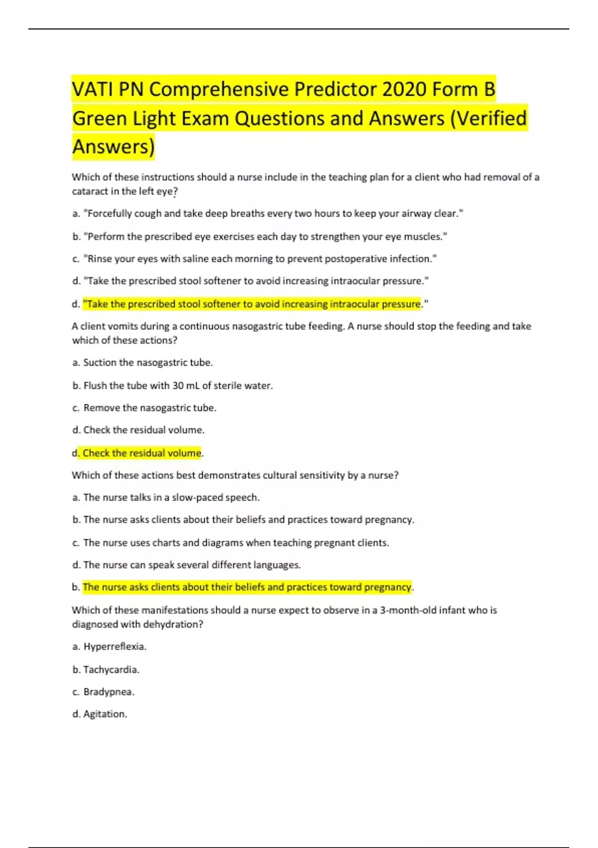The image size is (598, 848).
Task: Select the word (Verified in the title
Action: (x=488, y=119)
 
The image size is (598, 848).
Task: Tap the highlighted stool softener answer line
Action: (x=252, y=304)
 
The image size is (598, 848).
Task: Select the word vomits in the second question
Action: (x=120, y=326)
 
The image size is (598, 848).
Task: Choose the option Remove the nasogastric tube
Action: (x=149, y=408)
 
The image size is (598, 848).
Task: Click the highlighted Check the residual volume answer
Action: (x=142, y=453)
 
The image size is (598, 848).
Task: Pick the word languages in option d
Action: (x=277, y=565)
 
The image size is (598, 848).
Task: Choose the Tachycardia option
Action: (x=111, y=670)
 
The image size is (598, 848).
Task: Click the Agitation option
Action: (x=105, y=714)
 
